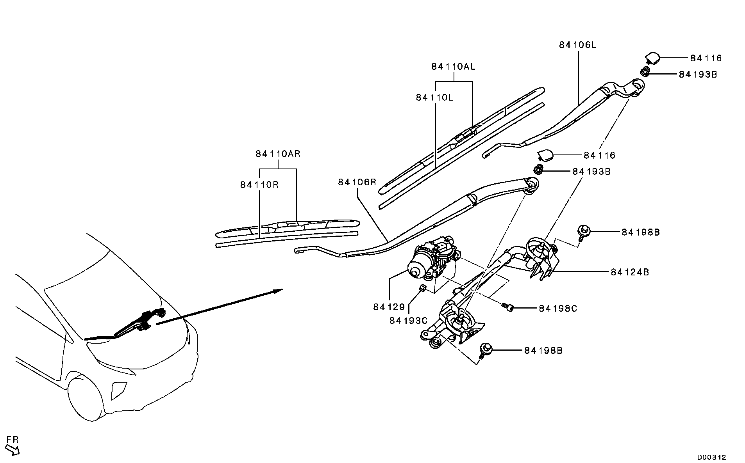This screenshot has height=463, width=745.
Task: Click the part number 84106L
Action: click(577, 45)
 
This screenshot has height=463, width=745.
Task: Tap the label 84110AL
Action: click(453, 67)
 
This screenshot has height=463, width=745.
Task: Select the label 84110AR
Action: click(278, 154)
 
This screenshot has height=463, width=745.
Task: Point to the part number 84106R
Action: click(357, 182)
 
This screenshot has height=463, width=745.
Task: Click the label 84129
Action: click(389, 307)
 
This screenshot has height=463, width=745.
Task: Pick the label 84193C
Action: click(408, 321)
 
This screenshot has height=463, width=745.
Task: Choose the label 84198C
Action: click(558, 309)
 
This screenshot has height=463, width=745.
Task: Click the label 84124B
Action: click(630, 272)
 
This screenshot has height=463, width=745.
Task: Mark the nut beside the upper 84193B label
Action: click(645, 71)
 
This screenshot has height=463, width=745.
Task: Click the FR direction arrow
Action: click(13, 451)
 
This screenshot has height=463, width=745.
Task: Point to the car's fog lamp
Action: click(118, 390)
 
